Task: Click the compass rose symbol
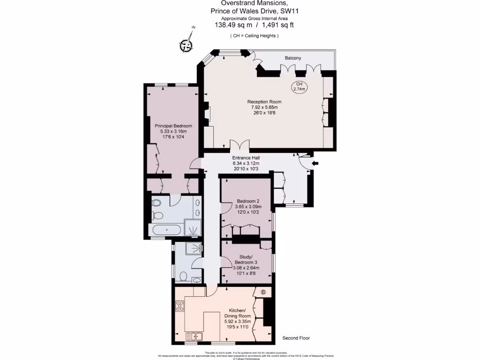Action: click(x=187, y=45)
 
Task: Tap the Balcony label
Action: click(x=292, y=58)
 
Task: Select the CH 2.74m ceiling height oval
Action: click(x=299, y=86)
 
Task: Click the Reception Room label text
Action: click(x=265, y=102)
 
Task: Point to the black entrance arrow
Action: click(x=315, y=164)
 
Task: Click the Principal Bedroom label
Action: click(x=173, y=126)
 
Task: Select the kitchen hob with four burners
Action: click(x=180, y=306)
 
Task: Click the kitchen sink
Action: click(x=194, y=336)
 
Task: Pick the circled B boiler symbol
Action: click(x=263, y=292)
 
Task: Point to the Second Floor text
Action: click(x=296, y=338)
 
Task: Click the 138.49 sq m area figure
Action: click(x=233, y=25)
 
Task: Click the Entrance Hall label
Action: click(x=246, y=158)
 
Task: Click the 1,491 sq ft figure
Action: click(x=278, y=25)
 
